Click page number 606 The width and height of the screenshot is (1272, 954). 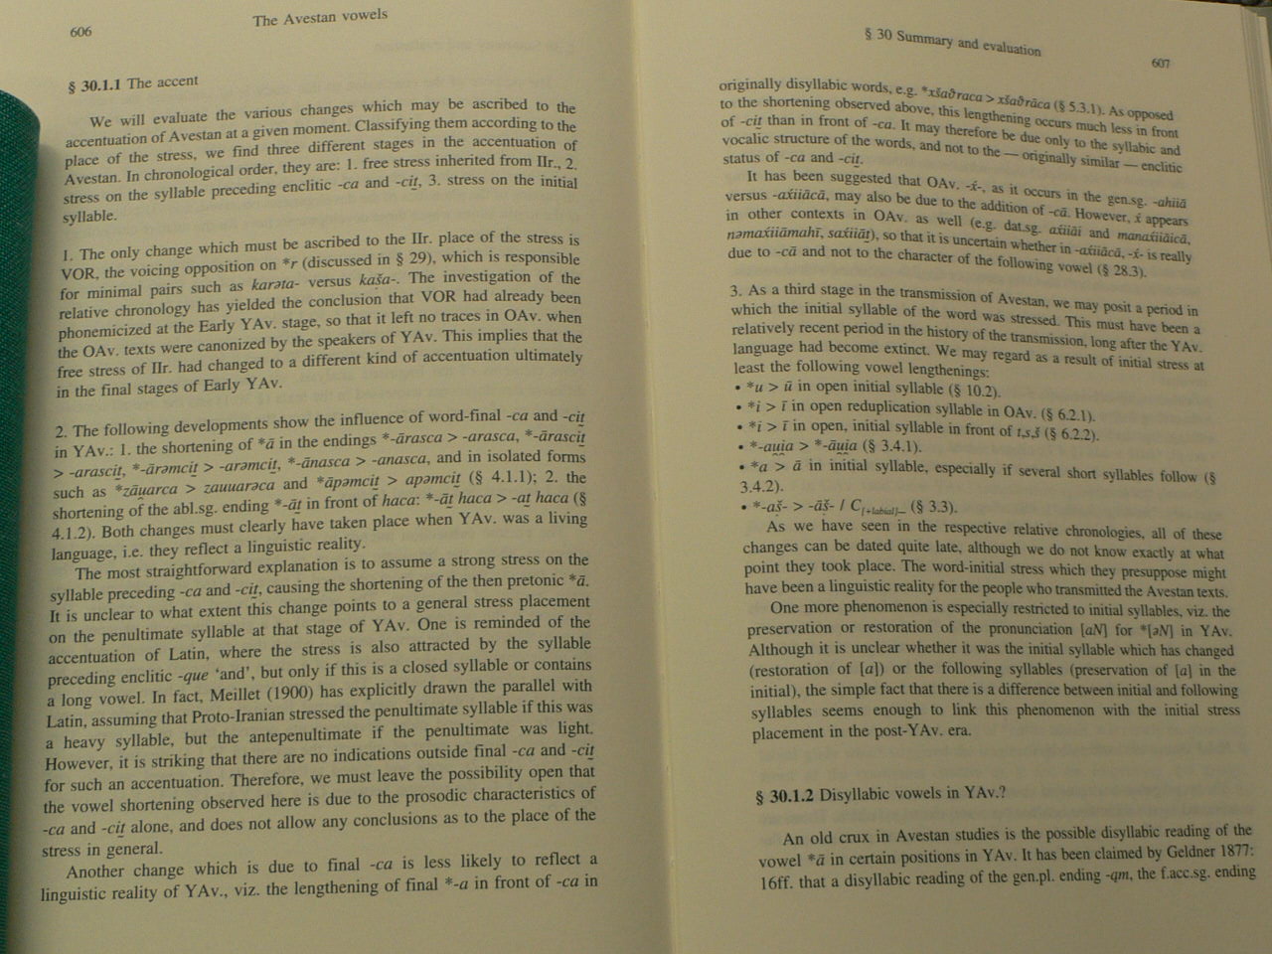[81, 33]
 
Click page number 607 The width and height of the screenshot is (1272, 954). [1160, 64]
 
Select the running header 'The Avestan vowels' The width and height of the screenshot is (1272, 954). [320, 18]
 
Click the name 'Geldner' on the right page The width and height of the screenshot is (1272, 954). [1179, 853]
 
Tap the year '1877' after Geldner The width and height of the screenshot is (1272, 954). [1238, 853]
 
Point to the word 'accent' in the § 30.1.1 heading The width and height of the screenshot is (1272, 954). [176, 82]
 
